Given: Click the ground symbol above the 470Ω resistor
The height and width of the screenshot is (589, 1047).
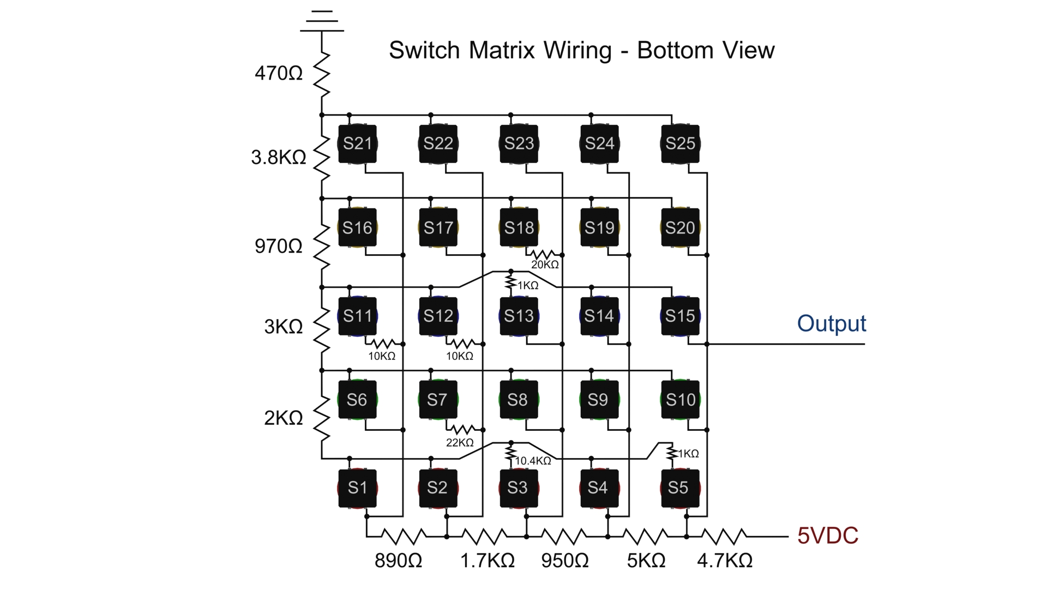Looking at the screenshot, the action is (322, 21).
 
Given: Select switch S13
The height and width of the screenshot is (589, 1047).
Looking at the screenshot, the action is (519, 316).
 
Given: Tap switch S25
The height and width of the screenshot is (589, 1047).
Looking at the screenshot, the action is (680, 143).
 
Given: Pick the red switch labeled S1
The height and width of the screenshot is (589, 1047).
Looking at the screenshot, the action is (357, 488).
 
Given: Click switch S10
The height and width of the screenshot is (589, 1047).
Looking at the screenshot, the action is (680, 400).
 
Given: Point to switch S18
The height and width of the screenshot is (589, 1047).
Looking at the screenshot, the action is (519, 227).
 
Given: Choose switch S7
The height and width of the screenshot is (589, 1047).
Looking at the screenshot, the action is (438, 400).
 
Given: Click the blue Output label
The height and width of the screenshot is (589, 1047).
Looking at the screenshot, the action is (831, 323).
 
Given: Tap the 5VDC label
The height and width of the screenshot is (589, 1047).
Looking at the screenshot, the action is (828, 536).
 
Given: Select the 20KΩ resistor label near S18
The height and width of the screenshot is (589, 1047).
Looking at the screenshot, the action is (545, 265).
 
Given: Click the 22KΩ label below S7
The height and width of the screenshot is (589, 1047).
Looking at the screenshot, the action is (460, 442).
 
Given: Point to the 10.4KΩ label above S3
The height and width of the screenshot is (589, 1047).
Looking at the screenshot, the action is (533, 461).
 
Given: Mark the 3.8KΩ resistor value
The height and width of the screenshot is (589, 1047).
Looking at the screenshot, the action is (278, 158).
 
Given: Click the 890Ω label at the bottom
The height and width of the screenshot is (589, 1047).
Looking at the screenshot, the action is (398, 561).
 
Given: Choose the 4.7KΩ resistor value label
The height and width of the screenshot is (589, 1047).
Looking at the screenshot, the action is (725, 561).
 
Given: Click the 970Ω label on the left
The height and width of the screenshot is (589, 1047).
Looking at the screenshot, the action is (278, 247).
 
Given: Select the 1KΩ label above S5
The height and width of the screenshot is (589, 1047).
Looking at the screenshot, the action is (688, 454).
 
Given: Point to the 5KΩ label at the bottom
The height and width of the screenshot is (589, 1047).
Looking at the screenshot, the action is (646, 561).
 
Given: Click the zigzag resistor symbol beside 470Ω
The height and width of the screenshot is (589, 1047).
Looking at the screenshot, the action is (322, 74).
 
